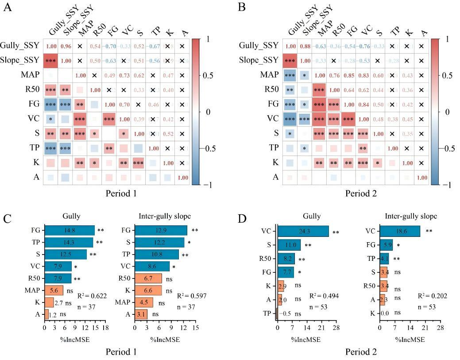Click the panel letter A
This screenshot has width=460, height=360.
click(7, 8)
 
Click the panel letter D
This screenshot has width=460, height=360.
click(243, 218)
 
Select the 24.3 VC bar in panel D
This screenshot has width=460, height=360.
click(303, 231)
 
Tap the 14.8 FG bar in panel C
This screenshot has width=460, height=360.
click(70, 230)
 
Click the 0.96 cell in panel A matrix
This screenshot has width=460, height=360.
click(66, 46)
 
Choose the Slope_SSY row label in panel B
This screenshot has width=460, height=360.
click(258, 60)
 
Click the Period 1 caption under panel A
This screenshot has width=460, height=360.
click(120, 194)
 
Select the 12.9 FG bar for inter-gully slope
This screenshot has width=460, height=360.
click(161, 230)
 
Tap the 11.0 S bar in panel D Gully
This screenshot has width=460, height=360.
click(289, 244)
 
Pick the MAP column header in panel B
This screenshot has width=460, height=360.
click(326, 32)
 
